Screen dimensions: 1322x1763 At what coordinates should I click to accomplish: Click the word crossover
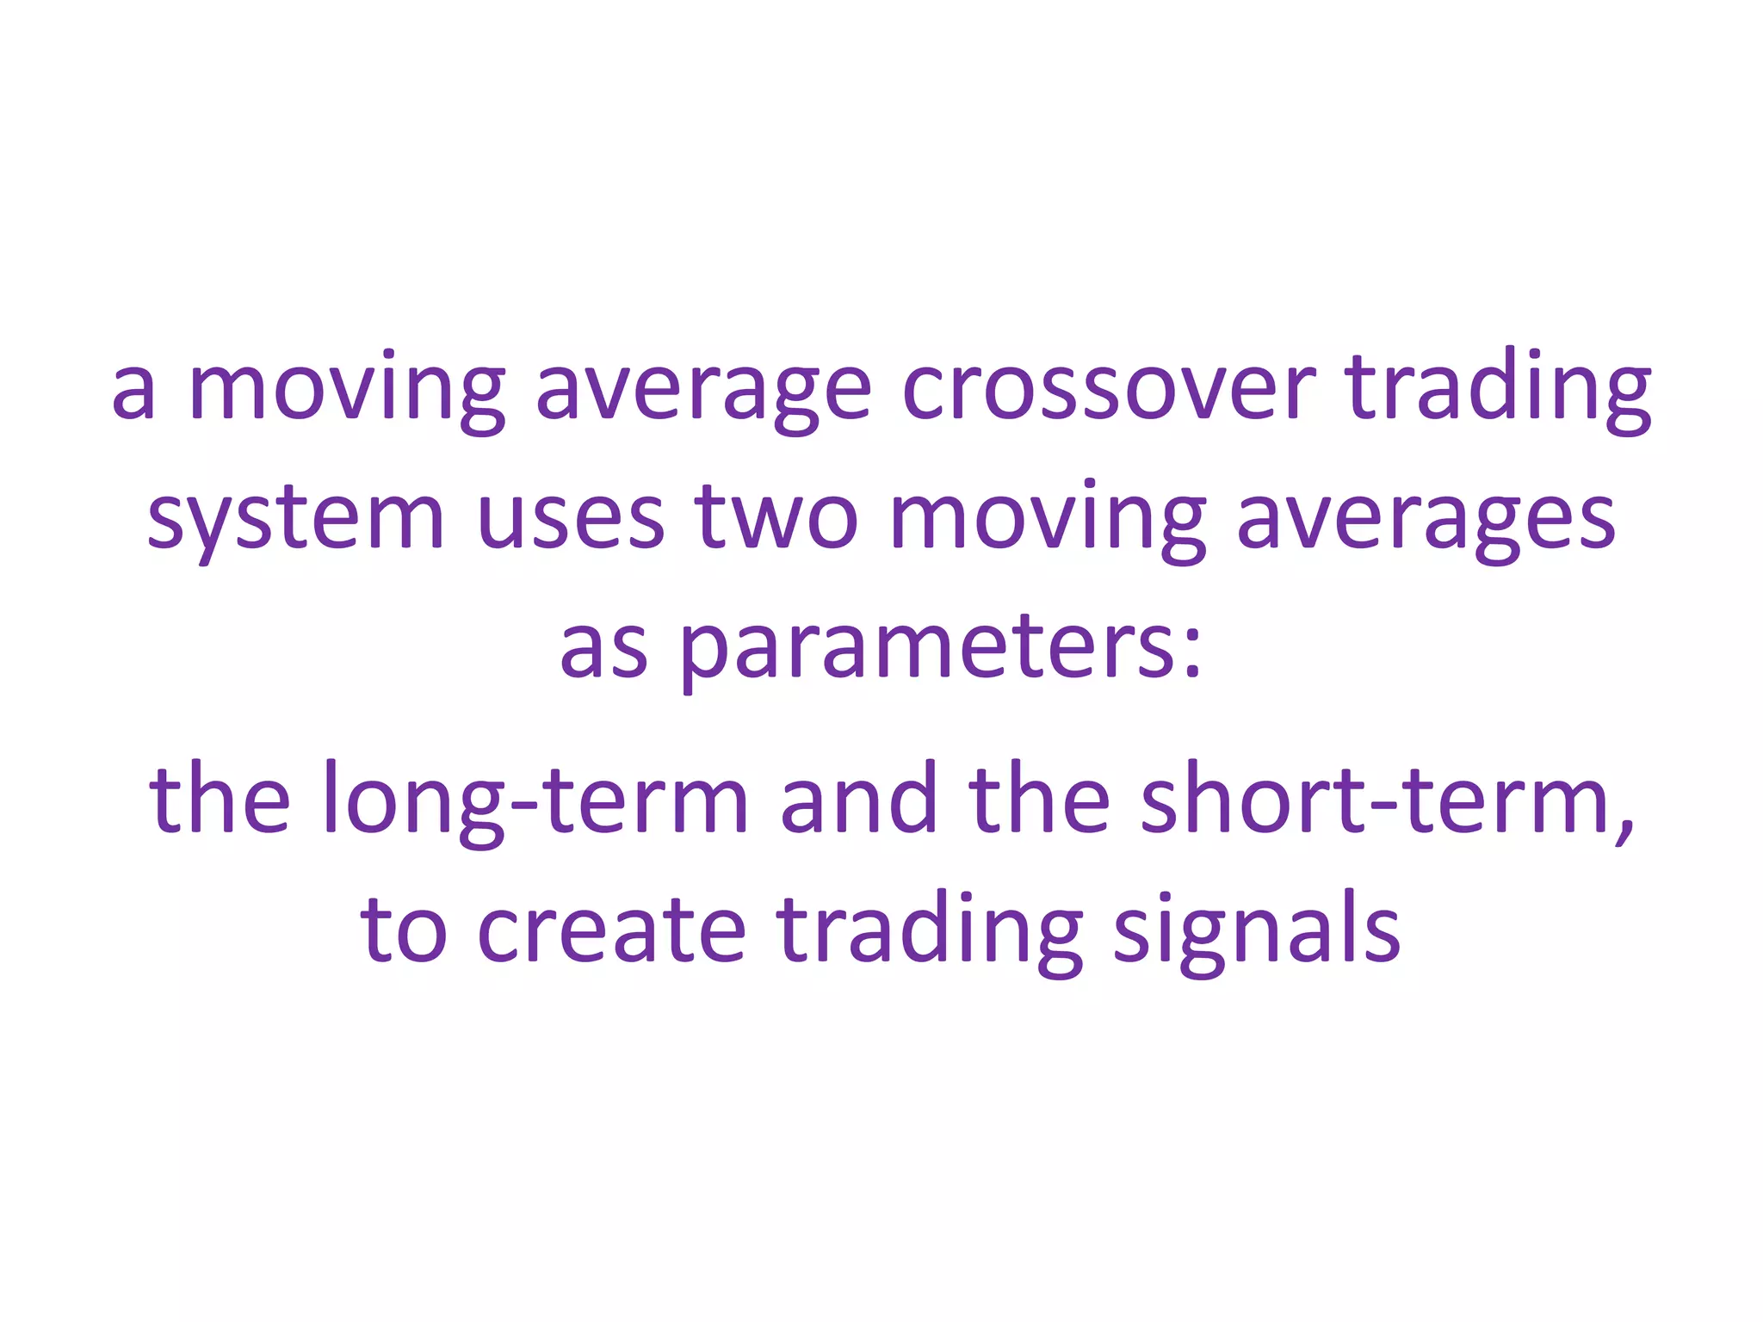(x=1109, y=390)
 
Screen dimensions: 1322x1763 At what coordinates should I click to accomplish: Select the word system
(x=295, y=519)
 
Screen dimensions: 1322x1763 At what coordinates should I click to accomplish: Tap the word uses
(x=570, y=519)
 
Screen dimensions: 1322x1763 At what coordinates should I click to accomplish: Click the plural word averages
(x=1426, y=519)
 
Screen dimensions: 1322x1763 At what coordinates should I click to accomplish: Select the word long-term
(x=535, y=800)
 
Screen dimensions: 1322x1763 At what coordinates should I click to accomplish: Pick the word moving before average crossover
(x=346, y=390)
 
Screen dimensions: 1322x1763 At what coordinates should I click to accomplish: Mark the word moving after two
(x=1047, y=519)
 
